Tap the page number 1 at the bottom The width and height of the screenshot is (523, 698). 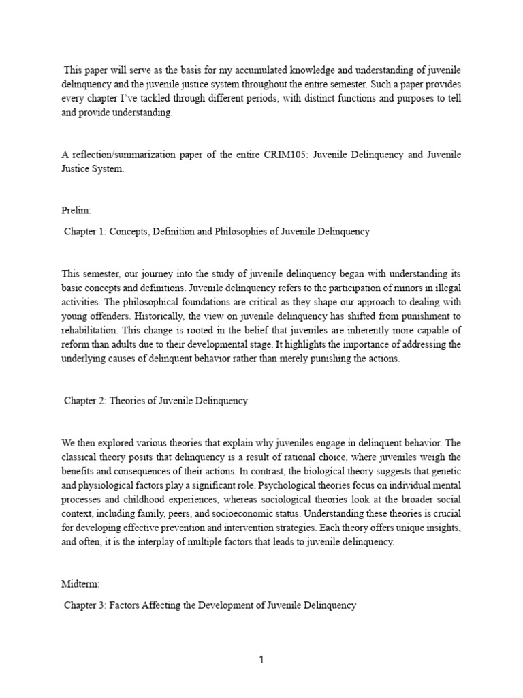(x=261, y=660)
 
